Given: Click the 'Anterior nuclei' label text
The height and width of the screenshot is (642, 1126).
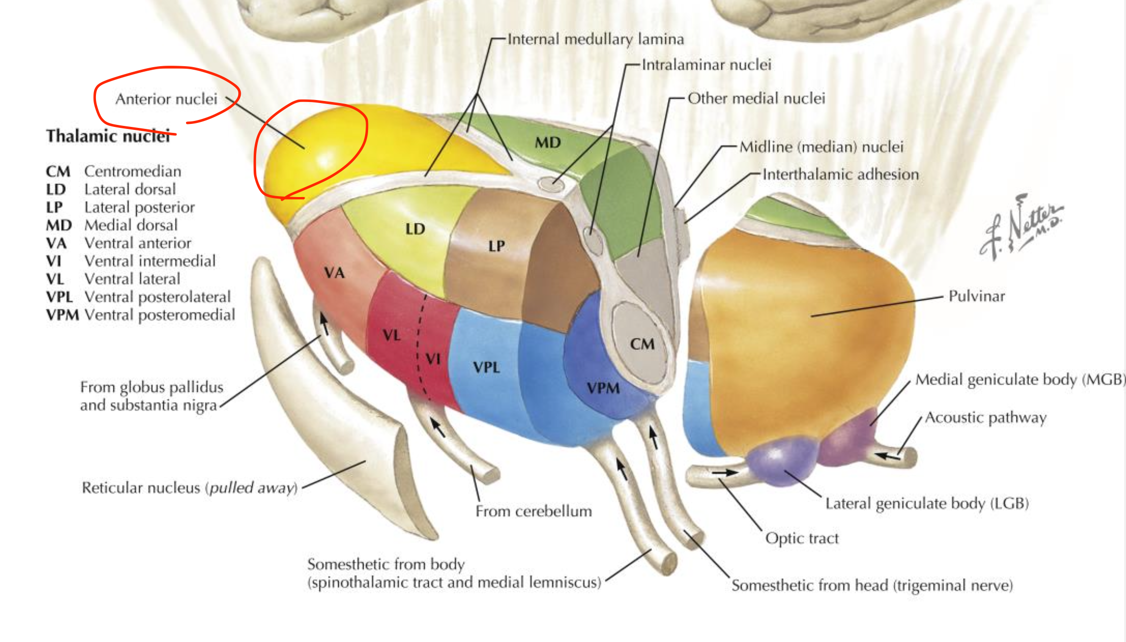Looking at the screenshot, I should click(166, 99).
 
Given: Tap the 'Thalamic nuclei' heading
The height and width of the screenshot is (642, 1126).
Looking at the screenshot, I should click(108, 136).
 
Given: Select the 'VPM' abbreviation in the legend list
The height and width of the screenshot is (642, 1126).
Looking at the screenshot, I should click(62, 315).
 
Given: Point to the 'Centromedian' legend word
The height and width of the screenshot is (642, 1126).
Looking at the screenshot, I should click(132, 171).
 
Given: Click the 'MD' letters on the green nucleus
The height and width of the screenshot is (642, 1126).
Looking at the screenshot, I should click(548, 143).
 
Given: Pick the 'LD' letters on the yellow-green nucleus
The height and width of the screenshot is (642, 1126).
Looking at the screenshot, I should click(415, 229).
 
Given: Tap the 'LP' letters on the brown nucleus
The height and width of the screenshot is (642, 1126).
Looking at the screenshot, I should click(496, 246).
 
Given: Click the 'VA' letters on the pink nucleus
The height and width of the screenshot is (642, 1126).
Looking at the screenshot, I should click(334, 273).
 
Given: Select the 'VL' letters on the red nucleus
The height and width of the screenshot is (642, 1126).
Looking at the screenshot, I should click(392, 335).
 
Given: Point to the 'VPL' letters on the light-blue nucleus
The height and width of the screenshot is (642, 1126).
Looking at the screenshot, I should click(486, 368).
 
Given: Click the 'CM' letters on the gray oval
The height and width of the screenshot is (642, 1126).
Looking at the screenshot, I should click(642, 344).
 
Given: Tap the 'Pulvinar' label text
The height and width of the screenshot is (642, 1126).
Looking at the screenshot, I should click(976, 296).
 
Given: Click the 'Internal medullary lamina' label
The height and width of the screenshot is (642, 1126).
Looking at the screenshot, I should click(595, 39).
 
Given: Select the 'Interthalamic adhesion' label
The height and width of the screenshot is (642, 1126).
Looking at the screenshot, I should click(840, 174).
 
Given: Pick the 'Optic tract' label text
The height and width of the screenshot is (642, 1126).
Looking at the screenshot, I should click(802, 538).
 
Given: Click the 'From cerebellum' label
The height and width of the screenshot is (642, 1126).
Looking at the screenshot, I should click(534, 511).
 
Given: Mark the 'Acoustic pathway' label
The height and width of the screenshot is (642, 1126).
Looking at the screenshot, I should click(985, 418).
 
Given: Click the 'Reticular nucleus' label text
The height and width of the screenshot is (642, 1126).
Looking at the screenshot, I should click(189, 488).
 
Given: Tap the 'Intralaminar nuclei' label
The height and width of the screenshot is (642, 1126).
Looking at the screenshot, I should click(706, 65).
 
